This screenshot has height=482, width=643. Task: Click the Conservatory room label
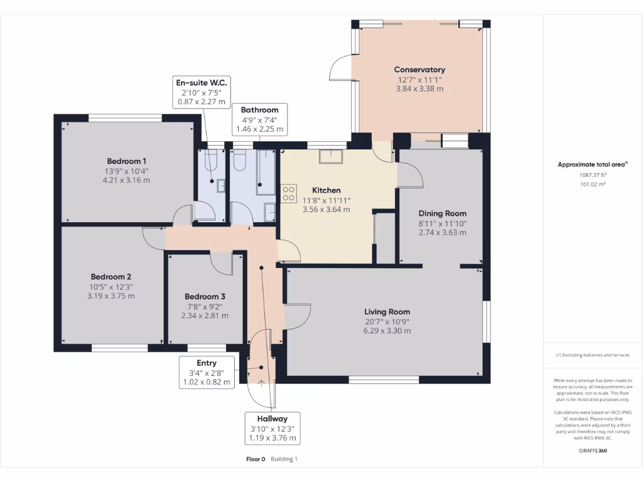(x=419, y=70)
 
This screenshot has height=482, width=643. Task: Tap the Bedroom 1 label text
(x=126, y=161)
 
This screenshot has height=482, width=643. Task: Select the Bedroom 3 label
(x=205, y=297)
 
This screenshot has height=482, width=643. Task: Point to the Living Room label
(x=387, y=312)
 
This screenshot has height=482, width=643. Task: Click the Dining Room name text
(x=442, y=213)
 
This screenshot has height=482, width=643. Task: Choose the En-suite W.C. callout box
(x=201, y=92)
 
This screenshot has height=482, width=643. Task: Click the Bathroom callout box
(x=259, y=119)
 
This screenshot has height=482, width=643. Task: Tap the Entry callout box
(x=206, y=372)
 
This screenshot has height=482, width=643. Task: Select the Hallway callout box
(x=272, y=428)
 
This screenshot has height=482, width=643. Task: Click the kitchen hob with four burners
(x=289, y=193)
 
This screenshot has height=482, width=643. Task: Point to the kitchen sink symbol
(x=330, y=156)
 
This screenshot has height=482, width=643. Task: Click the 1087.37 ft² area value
(x=592, y=176)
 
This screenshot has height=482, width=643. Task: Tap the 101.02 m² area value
(x=592, y=185)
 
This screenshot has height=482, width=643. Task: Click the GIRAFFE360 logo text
(x=592, y=450)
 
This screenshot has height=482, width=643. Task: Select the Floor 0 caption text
(x=256, y=459)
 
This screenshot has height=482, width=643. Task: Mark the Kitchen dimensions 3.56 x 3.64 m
(x=326, y=210)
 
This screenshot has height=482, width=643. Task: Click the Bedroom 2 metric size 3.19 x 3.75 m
(x=111, y=296)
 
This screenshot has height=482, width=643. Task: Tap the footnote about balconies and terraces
(x=592, y=355)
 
